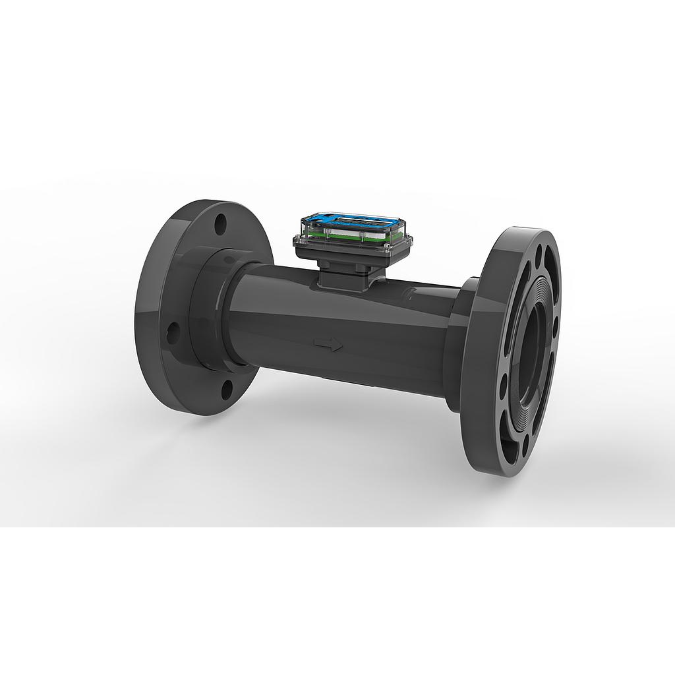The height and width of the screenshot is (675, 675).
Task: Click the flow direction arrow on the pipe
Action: click(328, 345)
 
